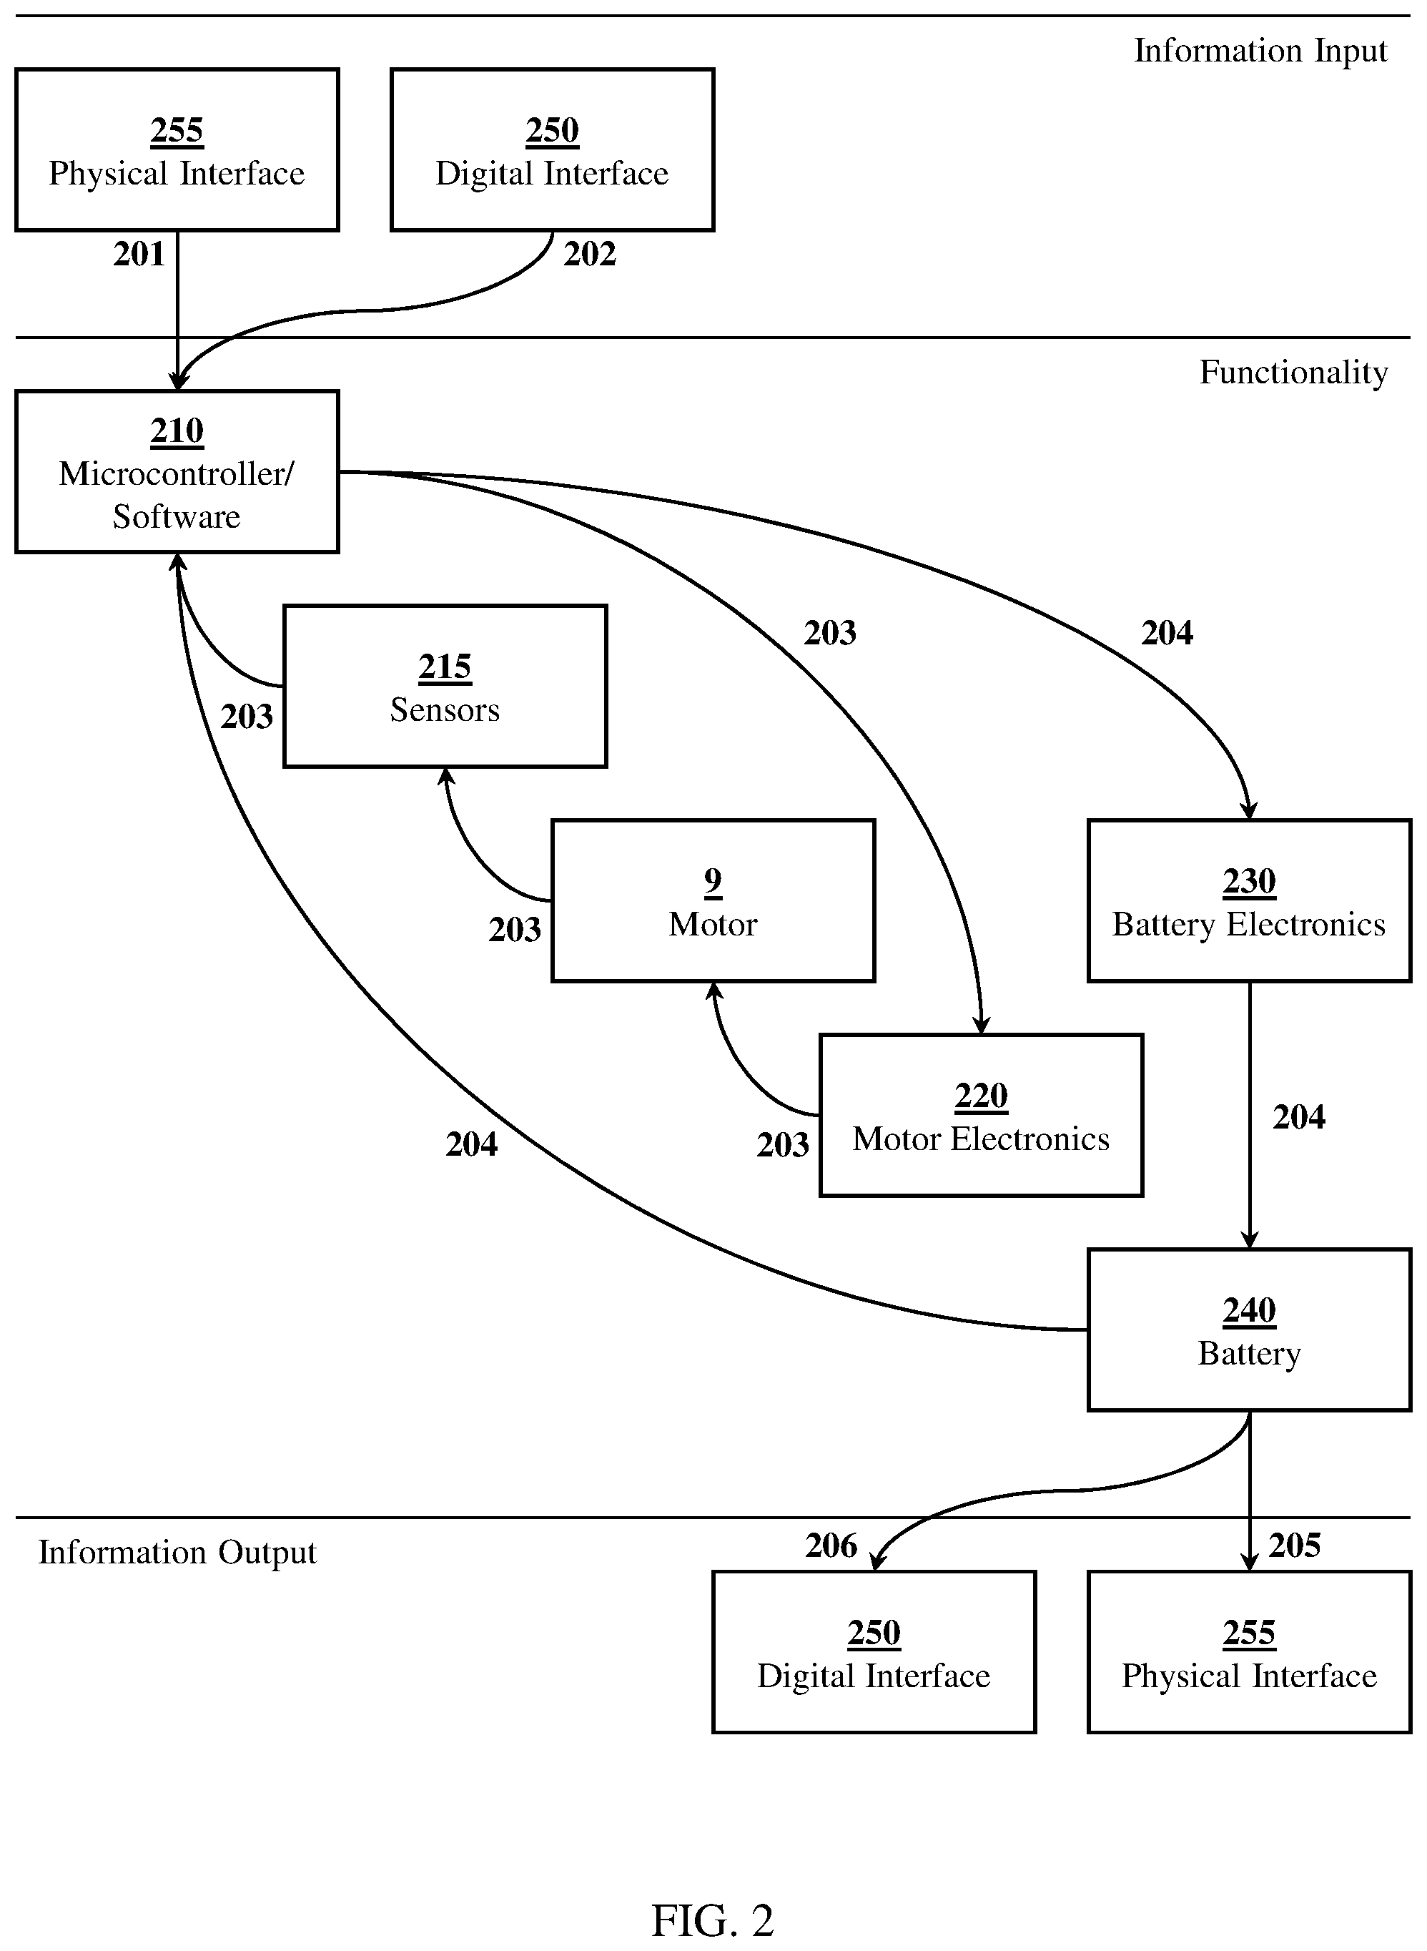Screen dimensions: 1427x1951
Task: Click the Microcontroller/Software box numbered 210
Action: (177, 472)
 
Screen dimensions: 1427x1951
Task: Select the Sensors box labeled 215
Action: (445, 686)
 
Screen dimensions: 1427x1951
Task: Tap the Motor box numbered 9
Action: (713, 900)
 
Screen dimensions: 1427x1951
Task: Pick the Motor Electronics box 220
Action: (982, 1115)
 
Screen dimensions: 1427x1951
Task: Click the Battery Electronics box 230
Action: (1249, 900)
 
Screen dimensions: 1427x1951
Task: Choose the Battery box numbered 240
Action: (1249, 1330)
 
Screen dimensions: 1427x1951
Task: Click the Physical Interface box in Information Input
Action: (177, 149)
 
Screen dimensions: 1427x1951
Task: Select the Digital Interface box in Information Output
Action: (874, 1652)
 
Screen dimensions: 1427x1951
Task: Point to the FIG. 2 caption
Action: (713, 1921)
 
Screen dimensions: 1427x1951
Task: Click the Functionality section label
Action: (1293, 373)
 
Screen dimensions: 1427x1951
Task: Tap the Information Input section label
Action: (1260, 51)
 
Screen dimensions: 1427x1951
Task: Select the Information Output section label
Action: (177, 1553)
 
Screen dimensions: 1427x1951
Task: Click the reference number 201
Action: (139, 254)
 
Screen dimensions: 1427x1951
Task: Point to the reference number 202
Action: (590, 254)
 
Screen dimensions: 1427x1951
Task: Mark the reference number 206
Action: (831, 1545)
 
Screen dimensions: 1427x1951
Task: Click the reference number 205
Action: (1295, 1545)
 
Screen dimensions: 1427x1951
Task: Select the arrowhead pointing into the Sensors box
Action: (445, 776)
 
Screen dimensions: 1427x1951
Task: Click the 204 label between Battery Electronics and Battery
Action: (1299, 1117)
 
